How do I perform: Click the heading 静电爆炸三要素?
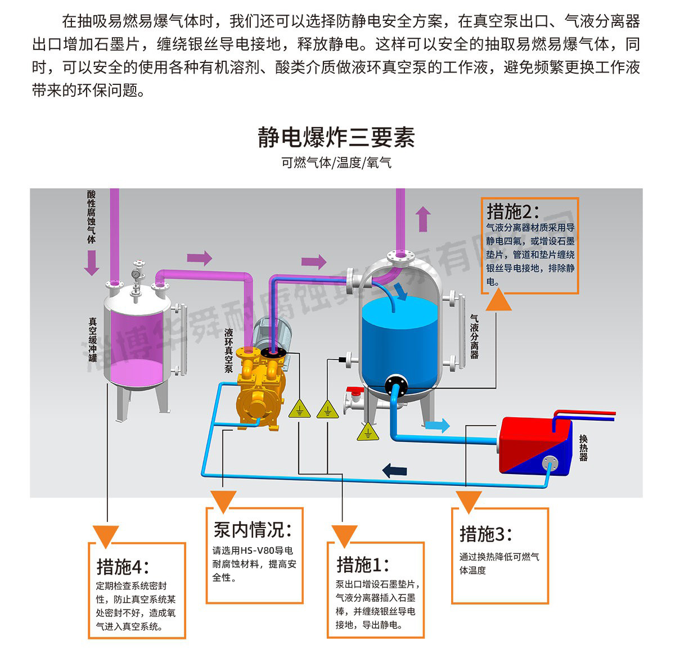coord(336,137)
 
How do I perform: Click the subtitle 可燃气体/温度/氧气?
coord(336,163)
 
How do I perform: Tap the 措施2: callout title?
coord(513,211)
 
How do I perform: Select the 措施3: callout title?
coord(486,534)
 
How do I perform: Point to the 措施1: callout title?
coord(363,565)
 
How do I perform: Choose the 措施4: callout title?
coord(123,567)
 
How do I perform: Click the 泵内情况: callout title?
coord(253,530)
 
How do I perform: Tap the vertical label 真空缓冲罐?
coord(92,340)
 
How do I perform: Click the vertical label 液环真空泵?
coord(229,350)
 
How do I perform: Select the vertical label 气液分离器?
coord(474,337)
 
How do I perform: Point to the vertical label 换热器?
coord(583,448)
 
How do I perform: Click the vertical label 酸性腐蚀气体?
coord(92,217)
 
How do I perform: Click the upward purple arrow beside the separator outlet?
coord(423,219)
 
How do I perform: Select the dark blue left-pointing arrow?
coord(394,470)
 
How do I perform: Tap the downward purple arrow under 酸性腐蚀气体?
coord(92,263)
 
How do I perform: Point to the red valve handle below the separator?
coord(354,391)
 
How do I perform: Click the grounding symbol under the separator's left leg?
coord(368,432)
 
